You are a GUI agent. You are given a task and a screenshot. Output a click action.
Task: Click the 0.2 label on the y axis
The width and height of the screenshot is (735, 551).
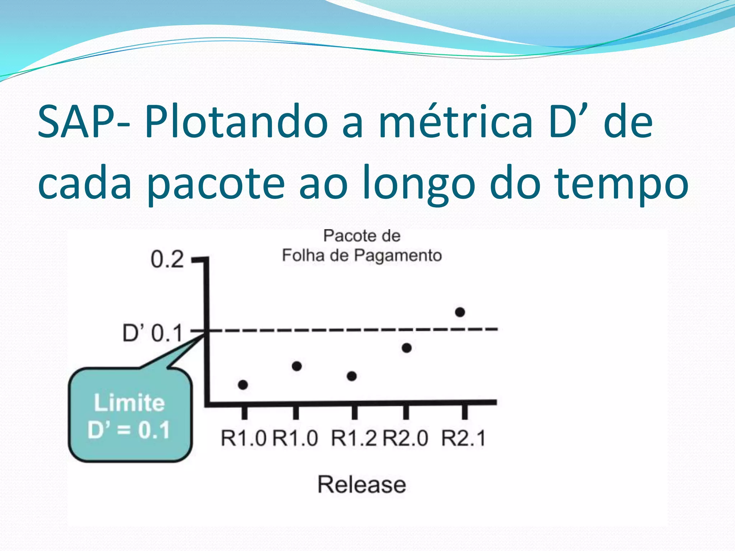167,259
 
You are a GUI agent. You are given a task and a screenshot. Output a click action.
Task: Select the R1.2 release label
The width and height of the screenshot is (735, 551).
354,438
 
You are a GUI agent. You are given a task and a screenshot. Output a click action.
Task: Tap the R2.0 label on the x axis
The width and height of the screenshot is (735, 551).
406,438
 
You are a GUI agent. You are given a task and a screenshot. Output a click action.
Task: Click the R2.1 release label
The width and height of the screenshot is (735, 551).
463,438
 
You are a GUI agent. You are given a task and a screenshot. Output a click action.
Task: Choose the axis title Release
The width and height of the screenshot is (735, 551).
362,484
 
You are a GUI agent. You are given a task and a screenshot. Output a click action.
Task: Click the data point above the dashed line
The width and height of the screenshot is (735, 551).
460,312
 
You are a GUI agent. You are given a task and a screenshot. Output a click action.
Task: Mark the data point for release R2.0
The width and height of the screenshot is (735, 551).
406,348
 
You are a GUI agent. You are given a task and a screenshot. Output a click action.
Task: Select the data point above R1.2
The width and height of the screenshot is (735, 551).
352,376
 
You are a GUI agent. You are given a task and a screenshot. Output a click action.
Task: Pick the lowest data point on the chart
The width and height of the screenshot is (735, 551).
243,385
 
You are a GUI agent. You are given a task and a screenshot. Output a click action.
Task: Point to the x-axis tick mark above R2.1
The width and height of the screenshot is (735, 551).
464,411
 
